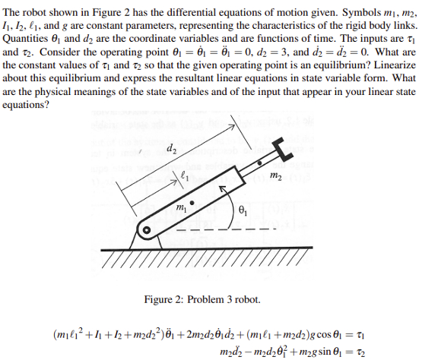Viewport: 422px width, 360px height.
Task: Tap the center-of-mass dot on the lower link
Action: [x=192, y=204]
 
